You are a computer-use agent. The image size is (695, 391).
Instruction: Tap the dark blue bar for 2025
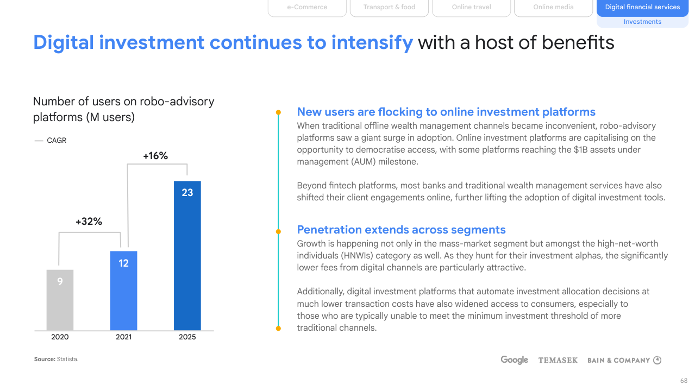click(x=187, y=255)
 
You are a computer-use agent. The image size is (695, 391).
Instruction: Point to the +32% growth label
click(x=89, y=222)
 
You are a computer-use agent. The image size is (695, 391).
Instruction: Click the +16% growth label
click(x=155, y=156)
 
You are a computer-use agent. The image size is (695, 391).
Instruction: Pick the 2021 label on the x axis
click(x=123, y=337)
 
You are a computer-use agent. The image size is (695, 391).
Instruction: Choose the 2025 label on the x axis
click(x=187, y=337)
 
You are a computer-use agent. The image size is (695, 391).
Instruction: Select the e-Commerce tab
click(x=307, y=8)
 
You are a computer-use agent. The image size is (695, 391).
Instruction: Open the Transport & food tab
click(x=389, y=8)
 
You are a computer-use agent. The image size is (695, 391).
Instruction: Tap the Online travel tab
click(x=471, y=8)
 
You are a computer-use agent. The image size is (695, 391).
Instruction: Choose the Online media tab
click(x=553, y=8)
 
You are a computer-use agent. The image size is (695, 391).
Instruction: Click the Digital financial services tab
click(x=642, y=8)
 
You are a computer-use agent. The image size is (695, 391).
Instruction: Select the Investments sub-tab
click(x=642, y=22)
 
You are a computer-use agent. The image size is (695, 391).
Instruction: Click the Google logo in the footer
click(x=514, y=360)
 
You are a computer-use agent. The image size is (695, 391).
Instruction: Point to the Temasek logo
click(x=558, y=360)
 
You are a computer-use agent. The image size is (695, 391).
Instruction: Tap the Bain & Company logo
click(x=624, y=360)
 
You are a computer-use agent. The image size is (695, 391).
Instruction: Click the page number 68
click(x=684, y=381)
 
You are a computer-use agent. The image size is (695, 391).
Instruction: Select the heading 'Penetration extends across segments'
click(x=401, y=230)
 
